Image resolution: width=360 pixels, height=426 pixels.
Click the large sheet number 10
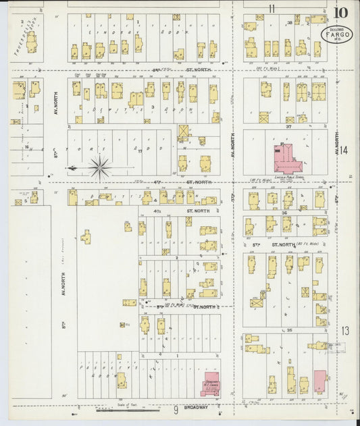[340, 12]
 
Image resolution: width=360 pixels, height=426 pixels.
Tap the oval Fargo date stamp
[336, 35]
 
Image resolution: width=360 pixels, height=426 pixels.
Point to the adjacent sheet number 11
[272, 9]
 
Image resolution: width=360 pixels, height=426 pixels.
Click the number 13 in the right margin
[345, 330]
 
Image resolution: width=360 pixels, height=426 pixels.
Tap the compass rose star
[100, 167]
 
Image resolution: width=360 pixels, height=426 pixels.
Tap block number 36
[284, 213]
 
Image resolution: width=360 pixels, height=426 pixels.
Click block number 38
[290, 23]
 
